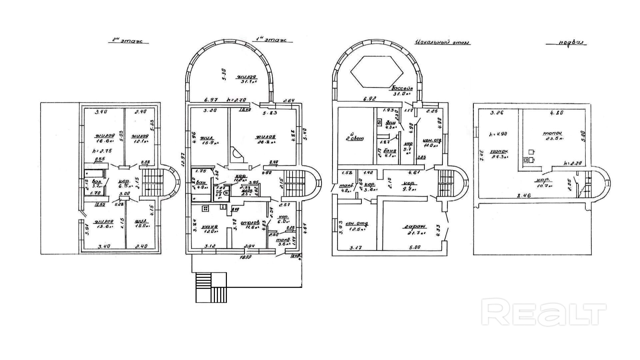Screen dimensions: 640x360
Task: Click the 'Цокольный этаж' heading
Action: coord(442,42)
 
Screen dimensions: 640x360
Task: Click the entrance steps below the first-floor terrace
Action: coord(211,287)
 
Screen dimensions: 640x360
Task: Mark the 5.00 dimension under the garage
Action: coord(414,247)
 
